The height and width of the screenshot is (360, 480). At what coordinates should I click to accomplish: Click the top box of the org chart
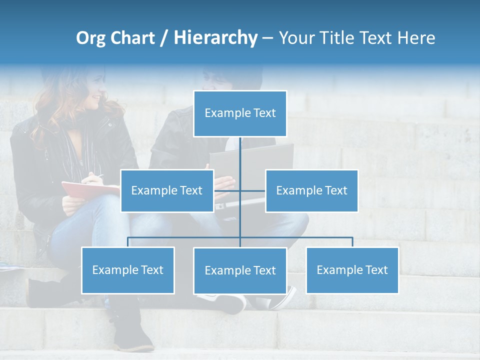point(240,113)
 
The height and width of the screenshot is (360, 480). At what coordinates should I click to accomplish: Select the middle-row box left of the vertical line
point(167,190)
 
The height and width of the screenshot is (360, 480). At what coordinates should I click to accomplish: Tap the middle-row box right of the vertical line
point(311,190)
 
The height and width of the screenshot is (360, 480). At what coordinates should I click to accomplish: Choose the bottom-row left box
point(127,270)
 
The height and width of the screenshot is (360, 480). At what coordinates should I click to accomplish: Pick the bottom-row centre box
point(240,270)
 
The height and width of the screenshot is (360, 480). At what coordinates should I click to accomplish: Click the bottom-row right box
point(352,270)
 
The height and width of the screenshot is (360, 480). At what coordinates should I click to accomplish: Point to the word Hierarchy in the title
point(215,38)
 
